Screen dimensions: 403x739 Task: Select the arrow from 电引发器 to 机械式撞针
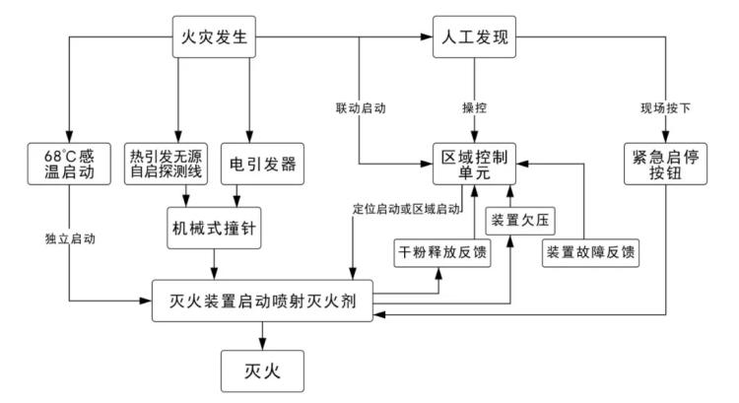coord(252,196)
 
